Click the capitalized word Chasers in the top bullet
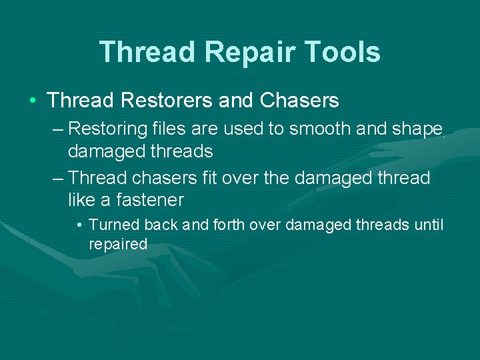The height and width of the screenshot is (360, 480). (299, 101)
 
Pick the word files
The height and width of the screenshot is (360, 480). (163, 128)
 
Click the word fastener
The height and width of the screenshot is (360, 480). (150, 200)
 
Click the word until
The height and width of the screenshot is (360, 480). (428, 225)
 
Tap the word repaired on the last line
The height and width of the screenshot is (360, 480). (118, 245)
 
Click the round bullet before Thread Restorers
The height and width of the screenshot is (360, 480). (33, 101)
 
